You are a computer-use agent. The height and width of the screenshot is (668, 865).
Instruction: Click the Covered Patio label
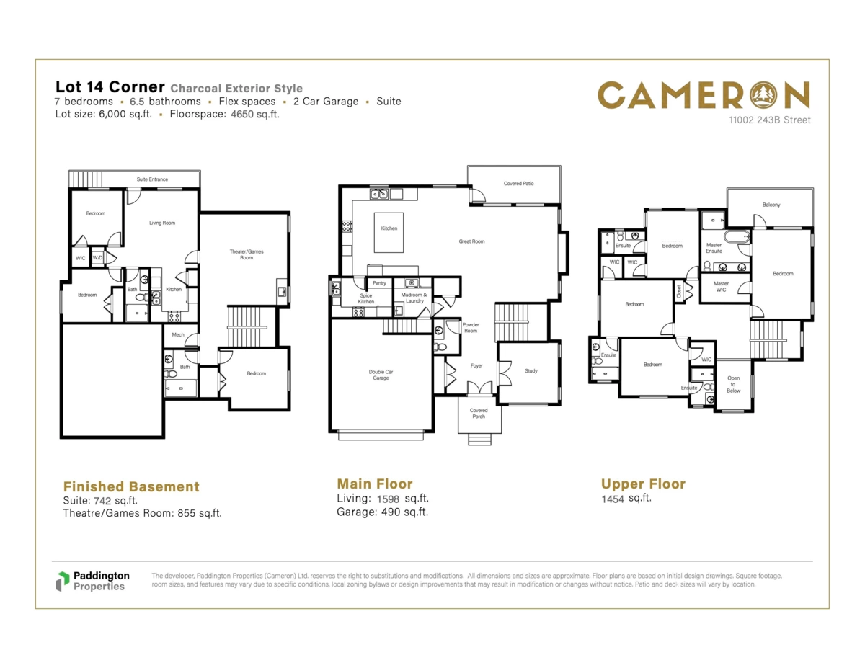[x=518, y=184]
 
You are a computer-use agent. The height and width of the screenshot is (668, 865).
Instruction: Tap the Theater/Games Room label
[x=247, y=254]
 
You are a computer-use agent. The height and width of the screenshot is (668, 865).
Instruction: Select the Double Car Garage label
[x=381, y=375]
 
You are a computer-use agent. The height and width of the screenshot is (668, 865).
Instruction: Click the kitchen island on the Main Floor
[x=389, y=233]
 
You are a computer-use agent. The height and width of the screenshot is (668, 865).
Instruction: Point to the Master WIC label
[x=721, y=287]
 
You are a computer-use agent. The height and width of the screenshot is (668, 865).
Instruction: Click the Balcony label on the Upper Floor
[x=771, y=205]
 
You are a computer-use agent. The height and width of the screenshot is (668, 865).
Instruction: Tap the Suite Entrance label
[x=152, y=179]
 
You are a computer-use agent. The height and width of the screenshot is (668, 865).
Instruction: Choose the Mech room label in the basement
[x=178, y=334]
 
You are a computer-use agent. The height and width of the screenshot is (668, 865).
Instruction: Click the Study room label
[x=531, y=371]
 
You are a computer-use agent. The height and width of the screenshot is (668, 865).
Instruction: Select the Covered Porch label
[x=479, y=414]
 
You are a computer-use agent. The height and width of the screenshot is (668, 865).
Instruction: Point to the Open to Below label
[x=733, y=384]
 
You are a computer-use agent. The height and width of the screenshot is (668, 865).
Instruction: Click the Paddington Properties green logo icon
[x=62, y=582]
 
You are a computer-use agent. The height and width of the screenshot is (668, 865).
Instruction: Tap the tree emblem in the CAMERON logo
[x=763, y=95]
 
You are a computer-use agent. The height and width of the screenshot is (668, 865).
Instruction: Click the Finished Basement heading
[x=131, y=486]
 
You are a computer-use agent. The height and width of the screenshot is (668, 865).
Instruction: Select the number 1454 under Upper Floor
[x=613, y=499]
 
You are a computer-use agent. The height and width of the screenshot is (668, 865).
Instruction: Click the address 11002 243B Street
[x=769, y=120]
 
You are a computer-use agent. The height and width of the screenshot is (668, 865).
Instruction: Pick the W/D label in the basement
[x=97, y=258]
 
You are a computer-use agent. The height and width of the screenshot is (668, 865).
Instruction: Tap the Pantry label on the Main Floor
[x=379, y=283]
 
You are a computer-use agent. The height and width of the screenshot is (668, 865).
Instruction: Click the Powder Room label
[x=471, y=328]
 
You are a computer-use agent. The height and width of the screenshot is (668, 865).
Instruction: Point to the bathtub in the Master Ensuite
[x=737, y=237]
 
